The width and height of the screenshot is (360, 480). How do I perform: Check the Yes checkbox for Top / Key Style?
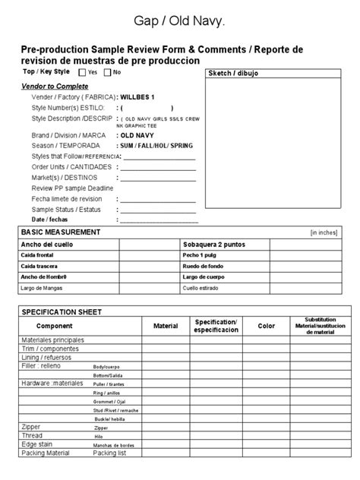(x=82, y=72)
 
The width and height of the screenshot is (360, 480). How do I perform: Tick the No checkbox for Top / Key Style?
(x=107, y=72)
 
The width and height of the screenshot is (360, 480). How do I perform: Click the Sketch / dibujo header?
(x=232, y=74)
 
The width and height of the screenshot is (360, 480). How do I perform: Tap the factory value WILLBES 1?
(x=137, y=97)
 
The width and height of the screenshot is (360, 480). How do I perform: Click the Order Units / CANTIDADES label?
(x=72, y=166)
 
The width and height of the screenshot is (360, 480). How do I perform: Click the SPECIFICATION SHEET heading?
(x=62, y=312)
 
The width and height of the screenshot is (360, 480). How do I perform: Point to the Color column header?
(x=267, y=326)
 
